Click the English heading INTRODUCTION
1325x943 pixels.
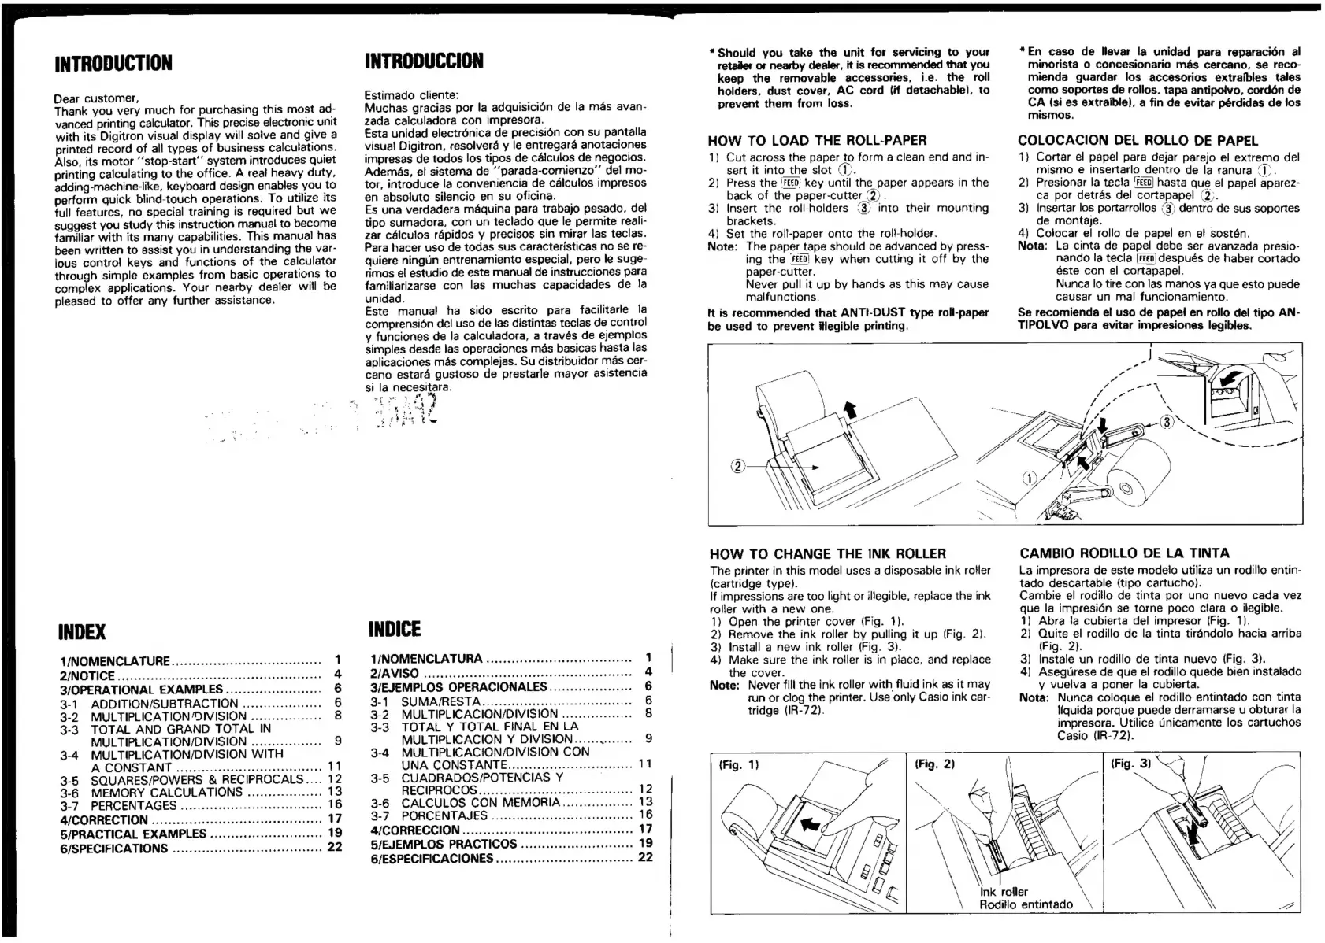pyautogui.click(x=113, y=63)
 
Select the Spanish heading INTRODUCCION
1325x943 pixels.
pyautogui.click(x=424, y=61)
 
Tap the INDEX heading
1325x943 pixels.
pyautogui.click(x=82, y=632)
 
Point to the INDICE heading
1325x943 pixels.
pyautogui.click(x=395, y=630)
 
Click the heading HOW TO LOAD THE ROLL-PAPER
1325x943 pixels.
pyautogui.click(x=817, y=141)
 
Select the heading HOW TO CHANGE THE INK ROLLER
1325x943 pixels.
pyautogui.click(x=827, y=553)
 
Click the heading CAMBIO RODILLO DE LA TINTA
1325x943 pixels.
pyautogui.click(x=1124, y=553)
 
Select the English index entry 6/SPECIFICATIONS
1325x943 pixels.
pyautogui.click(x=114, y=849)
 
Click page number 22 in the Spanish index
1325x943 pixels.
pyautogui.click(x=645, y=857)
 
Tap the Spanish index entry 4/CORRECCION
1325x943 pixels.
pyautogui.click(x=415, y=830)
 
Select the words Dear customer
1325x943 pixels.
pyautogui.click(x=96, y=98)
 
